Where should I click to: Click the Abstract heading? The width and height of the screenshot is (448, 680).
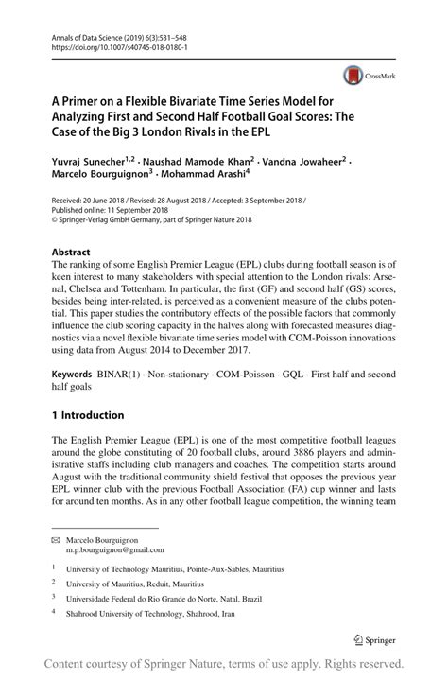[72, 253]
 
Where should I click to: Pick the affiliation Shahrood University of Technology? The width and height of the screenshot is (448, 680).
[169, 615]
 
